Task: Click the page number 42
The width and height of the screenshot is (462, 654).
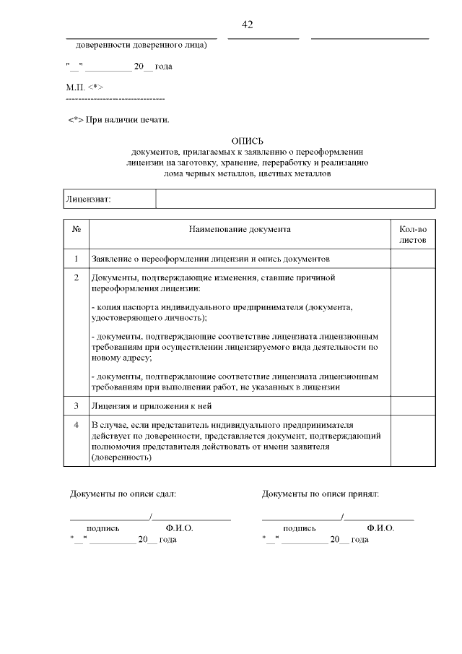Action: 248,25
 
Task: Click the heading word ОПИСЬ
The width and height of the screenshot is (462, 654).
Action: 248,141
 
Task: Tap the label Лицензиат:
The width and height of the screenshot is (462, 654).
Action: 88,199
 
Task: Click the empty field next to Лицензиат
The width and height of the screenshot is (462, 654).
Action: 295,199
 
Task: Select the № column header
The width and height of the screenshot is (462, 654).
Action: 77,229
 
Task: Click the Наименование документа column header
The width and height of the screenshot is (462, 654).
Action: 240,229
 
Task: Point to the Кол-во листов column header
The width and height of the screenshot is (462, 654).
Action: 413,233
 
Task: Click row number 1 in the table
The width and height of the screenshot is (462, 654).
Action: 77,258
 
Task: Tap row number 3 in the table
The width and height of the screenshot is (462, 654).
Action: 77,406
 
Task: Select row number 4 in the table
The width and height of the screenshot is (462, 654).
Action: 77,425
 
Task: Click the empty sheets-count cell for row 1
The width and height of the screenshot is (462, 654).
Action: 413,258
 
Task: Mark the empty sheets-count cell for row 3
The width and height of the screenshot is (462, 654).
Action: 413,406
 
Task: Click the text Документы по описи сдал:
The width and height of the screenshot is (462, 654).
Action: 123,494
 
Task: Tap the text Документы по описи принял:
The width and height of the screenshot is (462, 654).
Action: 321,494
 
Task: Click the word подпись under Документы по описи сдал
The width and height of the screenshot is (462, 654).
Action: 103,528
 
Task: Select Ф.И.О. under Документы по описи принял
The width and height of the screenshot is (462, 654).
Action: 380,528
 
